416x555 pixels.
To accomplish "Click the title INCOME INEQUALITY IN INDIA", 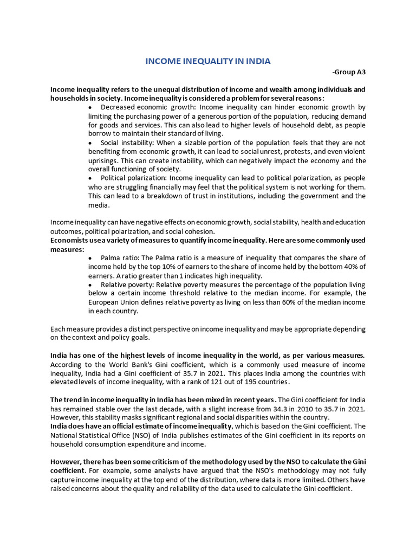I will click(x=207, y=61).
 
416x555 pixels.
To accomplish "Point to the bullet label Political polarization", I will click(x=134, y=178).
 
